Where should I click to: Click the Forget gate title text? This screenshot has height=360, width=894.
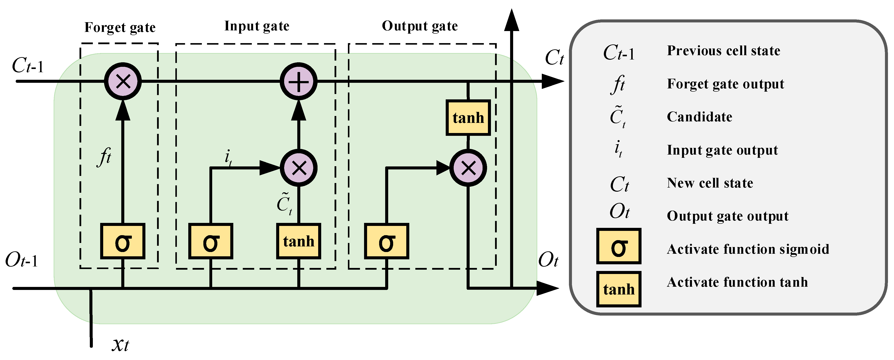120,27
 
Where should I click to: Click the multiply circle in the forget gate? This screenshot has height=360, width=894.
123,81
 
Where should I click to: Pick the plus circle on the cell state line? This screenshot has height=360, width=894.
298,81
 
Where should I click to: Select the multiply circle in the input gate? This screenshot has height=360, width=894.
298,168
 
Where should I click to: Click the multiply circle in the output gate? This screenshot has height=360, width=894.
468,168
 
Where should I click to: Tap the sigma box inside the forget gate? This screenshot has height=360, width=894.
123,241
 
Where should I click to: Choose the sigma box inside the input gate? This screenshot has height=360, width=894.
211,241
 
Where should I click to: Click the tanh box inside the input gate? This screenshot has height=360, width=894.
298,241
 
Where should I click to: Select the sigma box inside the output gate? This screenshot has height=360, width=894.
386,241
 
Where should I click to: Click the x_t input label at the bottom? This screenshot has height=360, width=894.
120,344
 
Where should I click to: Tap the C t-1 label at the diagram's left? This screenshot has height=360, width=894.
28,65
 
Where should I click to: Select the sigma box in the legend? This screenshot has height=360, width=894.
619,246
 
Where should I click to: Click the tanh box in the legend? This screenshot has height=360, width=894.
619,289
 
